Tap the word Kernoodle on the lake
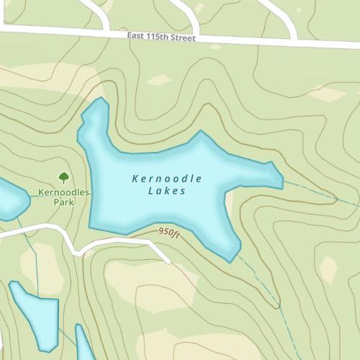167,178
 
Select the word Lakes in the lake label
167,191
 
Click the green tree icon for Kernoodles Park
63,177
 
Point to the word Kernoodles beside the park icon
63,192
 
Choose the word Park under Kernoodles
63,202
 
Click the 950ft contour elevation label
168,233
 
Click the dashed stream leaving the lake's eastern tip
317,191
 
